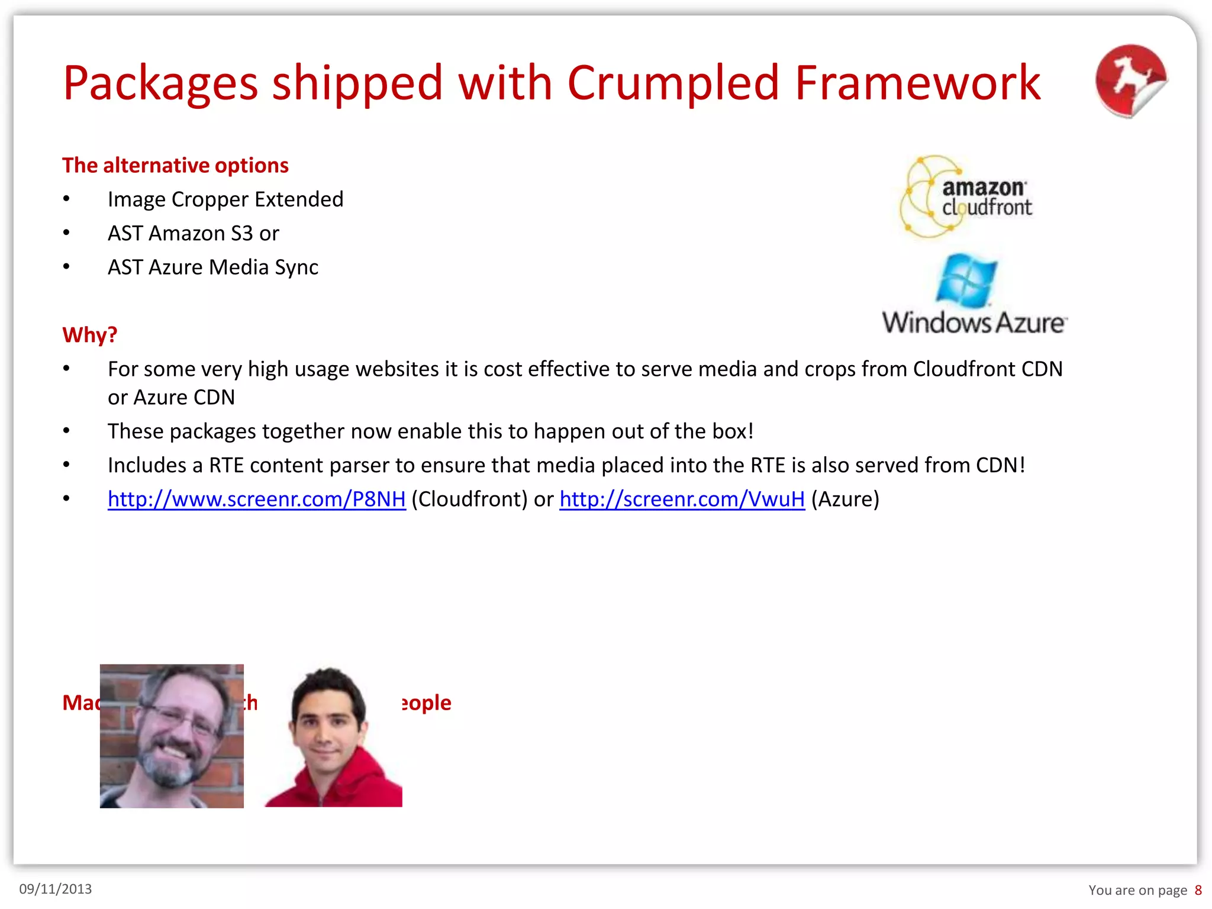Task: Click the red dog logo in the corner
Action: [1130, 81]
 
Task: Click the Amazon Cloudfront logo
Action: [966, 196]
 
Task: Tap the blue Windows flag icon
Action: [966, 281]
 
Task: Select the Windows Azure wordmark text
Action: [974, 323]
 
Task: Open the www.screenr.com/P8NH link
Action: [256, 499]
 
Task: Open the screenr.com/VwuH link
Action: [682, 499]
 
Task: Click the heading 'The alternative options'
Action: [175, 165]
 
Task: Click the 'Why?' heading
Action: [90, 335]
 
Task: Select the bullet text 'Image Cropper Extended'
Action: [225, 199]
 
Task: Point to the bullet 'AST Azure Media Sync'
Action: [212, 267]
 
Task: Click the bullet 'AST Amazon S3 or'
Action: [193, 234]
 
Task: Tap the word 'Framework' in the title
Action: [917, 83]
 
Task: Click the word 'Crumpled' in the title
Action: [673, 83]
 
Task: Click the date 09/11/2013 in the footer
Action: [56, 889]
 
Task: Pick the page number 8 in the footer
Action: [1198, 890]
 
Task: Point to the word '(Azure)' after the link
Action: [845, 499]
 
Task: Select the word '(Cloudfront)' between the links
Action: [469, 499]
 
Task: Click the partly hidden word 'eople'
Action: [427, 703]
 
